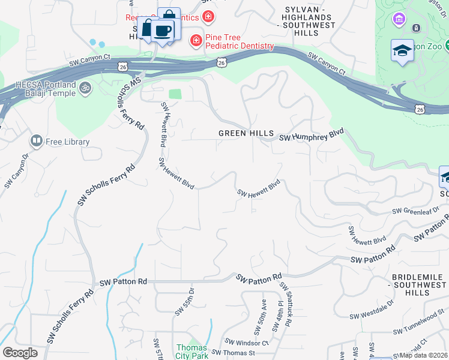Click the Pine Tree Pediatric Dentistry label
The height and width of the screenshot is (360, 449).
(240, 41)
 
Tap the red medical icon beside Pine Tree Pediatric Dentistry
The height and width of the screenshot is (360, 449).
(196, 40)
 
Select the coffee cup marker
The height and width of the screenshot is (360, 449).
(162, 30)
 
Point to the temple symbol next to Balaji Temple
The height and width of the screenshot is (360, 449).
(85, 89)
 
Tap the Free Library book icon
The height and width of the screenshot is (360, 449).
(36, 142)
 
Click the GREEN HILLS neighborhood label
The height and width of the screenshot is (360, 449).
(246, 133)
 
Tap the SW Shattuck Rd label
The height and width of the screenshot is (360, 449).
(285, 305)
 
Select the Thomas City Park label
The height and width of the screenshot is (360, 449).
(191, 352)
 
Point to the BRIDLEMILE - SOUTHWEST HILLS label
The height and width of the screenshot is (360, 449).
(418, 284)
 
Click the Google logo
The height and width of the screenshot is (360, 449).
(20, 353)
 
